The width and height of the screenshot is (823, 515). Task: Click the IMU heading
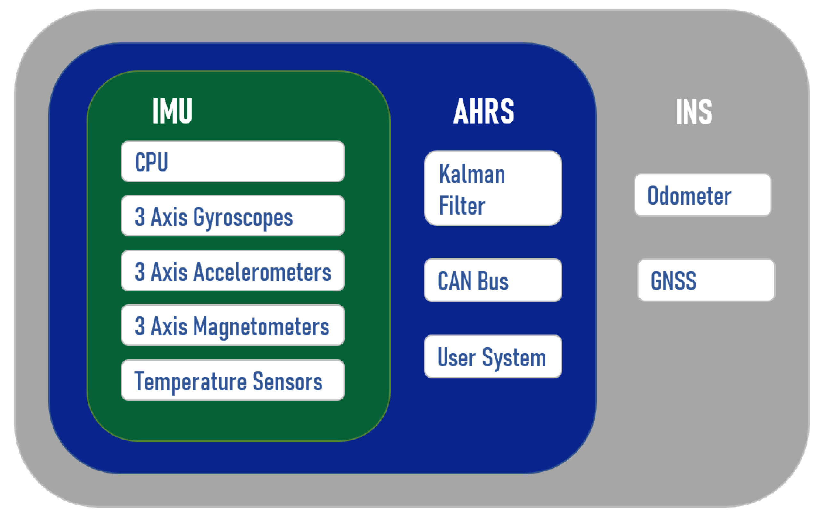pyautogui.click(x=172, y=111)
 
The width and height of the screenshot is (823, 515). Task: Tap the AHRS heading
pyautogui.click(x=484, y=111)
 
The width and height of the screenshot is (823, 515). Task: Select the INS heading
pyautogui.click(x=694, y=112)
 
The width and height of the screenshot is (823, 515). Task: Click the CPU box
pyautogui.click(x=233, y=161)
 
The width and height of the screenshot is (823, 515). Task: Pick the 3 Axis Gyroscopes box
pyautogui.click(x=233, y=216)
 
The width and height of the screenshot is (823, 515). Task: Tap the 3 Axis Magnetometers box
pyautogui.click(x=233, y=325)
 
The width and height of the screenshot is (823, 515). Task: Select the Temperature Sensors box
pyautogui.click(x=233, y=380)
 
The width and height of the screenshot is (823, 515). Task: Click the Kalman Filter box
pyautogui.click(x=493, y=188)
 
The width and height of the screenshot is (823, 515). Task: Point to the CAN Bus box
pyautogui.click(x=493, y=280)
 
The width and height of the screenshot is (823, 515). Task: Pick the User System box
pyautogui.click(x=493, y=356)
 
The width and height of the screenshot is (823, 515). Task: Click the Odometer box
pyautogui.click(x=702, y=195)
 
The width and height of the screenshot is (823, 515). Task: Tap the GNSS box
pyautogui.click(x=706, y=280)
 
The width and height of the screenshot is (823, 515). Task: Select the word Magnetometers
pyautogui.click(x=261, y=326)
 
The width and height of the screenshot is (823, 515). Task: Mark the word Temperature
pyautogui.click(x=190, y=381)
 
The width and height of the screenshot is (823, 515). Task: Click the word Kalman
pyautogui.click(x=472, y=174)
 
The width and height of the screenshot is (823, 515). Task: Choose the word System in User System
pyautogui.click(x=514, y=358)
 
